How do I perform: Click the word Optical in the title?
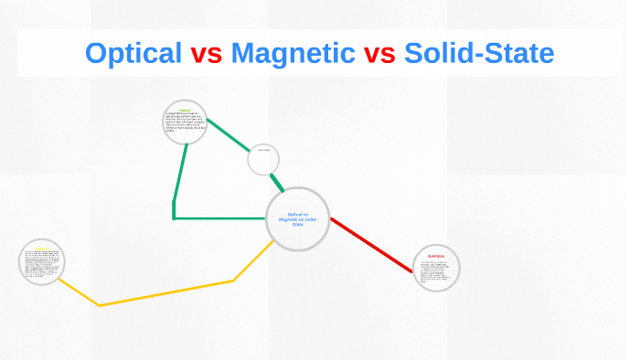pos(133,53)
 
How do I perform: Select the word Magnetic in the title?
pos(293,53)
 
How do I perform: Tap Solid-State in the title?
pos(478,53)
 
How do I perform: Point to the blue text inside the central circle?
pos(297,218)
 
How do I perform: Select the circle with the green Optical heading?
pos(186,123)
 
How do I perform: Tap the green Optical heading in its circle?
pos(185,110)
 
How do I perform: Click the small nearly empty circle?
pos(263,161)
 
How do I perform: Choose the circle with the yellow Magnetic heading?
pos(42,263)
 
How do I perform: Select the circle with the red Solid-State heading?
pos(436,269)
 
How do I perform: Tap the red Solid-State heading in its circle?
pos(435,257)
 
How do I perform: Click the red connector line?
pos(371,245)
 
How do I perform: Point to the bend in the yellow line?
pos(100,305)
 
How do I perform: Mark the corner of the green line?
pos(174,218)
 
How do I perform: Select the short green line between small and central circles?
pos(276,181)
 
